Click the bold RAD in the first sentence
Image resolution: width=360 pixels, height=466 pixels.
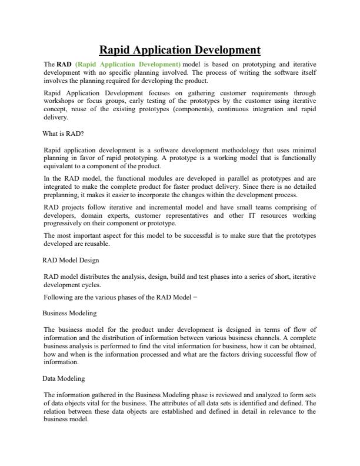pos(64,64)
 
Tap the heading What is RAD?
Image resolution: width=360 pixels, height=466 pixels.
pos(68,134)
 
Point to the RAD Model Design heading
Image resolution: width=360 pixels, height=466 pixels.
pos(71,260)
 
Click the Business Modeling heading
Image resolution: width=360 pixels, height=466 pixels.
pos(70,313)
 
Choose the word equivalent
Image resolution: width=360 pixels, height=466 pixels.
pos(61,167)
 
